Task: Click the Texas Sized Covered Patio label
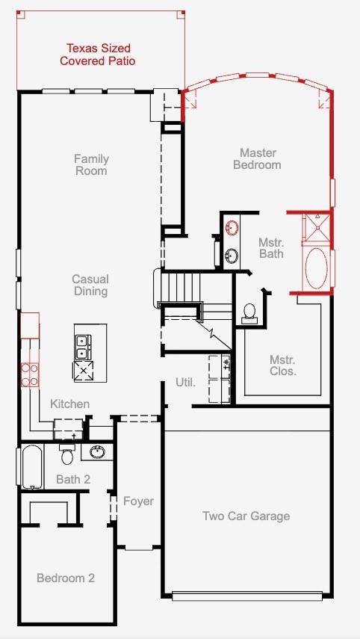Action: tap(98, 55)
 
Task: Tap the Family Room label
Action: tap(91, 164)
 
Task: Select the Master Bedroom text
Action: tap(258, 159)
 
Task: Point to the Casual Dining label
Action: tap(90, 285)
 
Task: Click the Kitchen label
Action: tap(69, 404)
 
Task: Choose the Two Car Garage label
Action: tap(246, 516)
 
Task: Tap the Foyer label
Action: tap(138, 501)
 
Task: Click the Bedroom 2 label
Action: tap(66, 578)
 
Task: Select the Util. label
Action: tap(186, 383)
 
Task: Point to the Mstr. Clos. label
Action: tap(282, 365)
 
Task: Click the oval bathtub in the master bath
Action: tap(317, 268)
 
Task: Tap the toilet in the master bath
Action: tap(249, 314)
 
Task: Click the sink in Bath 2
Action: tap(97, 452)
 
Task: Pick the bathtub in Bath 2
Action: tap(32, 466)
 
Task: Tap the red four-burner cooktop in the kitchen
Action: tap(30, 375)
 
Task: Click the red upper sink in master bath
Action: tap(232, 227)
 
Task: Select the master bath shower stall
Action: tap(316, 226)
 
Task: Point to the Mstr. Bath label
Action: tap(271, 248)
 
